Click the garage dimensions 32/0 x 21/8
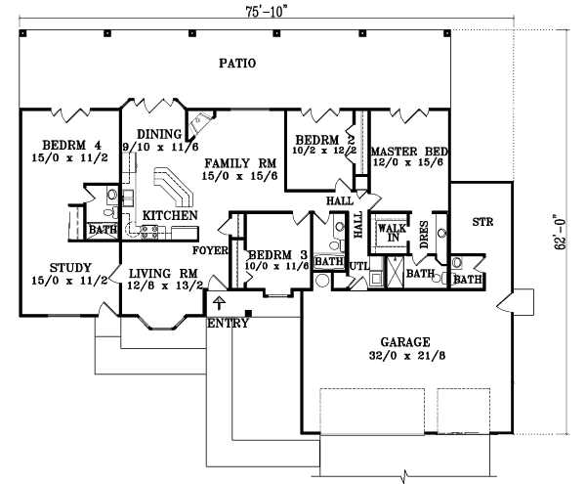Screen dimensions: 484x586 click(x=407, y=358)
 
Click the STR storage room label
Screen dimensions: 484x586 click(x=482, y=222)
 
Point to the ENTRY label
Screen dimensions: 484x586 click(x=228, y=325)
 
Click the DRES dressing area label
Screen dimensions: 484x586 click(x=424, y=233)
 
